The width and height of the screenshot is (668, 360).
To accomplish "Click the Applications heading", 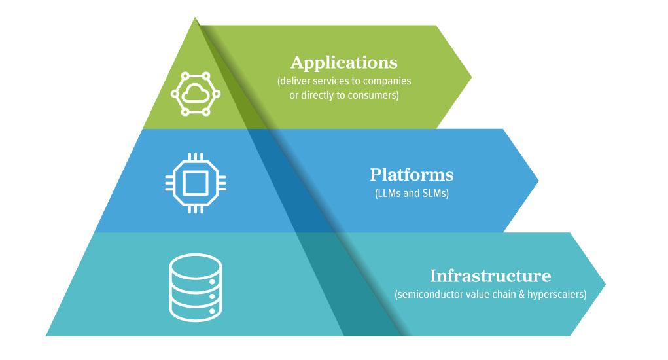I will [343, 63].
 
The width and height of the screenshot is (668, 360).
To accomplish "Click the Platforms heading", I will [411, 175].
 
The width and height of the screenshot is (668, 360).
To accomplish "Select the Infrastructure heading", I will [490, 276].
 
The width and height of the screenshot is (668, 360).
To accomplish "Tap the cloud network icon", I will [194, 94].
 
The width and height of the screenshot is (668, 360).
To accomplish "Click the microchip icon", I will [194, 183].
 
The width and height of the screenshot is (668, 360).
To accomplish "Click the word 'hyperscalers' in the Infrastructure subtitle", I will [556, 295].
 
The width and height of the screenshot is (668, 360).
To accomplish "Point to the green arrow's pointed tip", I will [470, 77].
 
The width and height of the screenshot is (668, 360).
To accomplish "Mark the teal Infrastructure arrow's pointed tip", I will [605, 284].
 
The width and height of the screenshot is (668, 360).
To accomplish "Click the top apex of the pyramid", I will [194, 18].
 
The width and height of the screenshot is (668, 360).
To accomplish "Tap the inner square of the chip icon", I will [194, 183].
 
